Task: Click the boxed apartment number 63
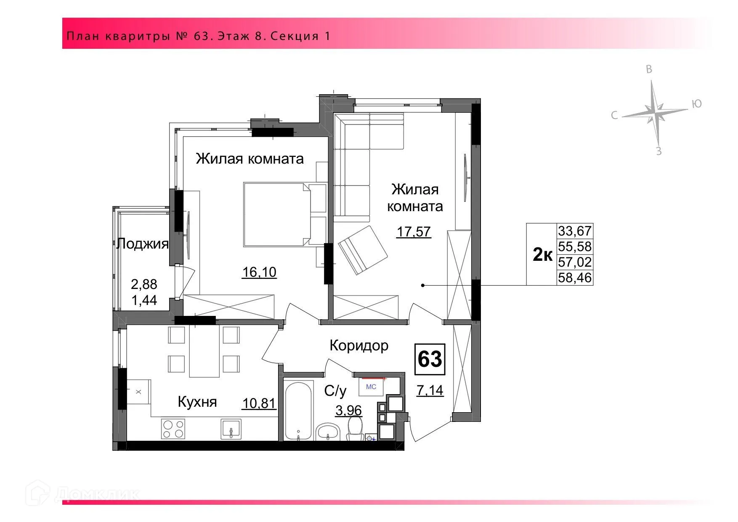(430, 359)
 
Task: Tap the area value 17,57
(414, 232)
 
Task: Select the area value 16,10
(259, 272)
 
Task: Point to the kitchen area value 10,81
(259, 404)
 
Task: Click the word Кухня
(197, 402)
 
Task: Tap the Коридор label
(358, 345)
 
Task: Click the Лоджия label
(142, 244)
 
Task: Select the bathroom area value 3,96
(348, 410)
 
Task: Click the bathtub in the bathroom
(299, 410)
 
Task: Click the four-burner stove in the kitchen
(173, 429)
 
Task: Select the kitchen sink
(231, 429)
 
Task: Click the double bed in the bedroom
(277, 214)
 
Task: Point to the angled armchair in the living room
(363, 250)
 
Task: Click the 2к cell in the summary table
(542, 254)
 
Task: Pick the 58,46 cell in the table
(575, 278)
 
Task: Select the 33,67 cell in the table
(575, 231)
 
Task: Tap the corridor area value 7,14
(430, 390)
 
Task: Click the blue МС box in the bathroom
(371, 387)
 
